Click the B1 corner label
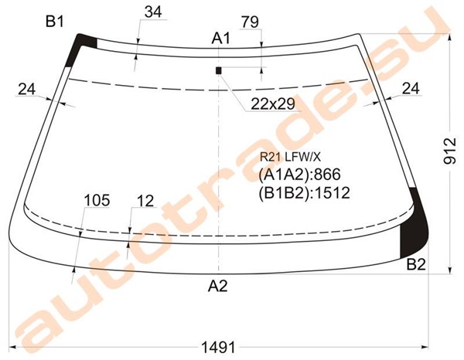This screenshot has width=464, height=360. pos(55,22)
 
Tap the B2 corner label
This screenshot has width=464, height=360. pos(416,264)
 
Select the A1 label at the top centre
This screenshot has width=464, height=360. pos(220,39)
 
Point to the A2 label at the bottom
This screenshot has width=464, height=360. pos(218,286)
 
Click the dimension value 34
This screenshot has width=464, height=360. pos(153,12)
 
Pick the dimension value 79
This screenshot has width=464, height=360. pos(250,22)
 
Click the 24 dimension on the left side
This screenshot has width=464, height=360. pos(26,89)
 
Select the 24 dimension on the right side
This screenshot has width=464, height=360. pos(411,88)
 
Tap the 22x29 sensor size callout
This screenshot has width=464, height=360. pos(273,104)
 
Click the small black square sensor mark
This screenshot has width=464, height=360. pos(219,70)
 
